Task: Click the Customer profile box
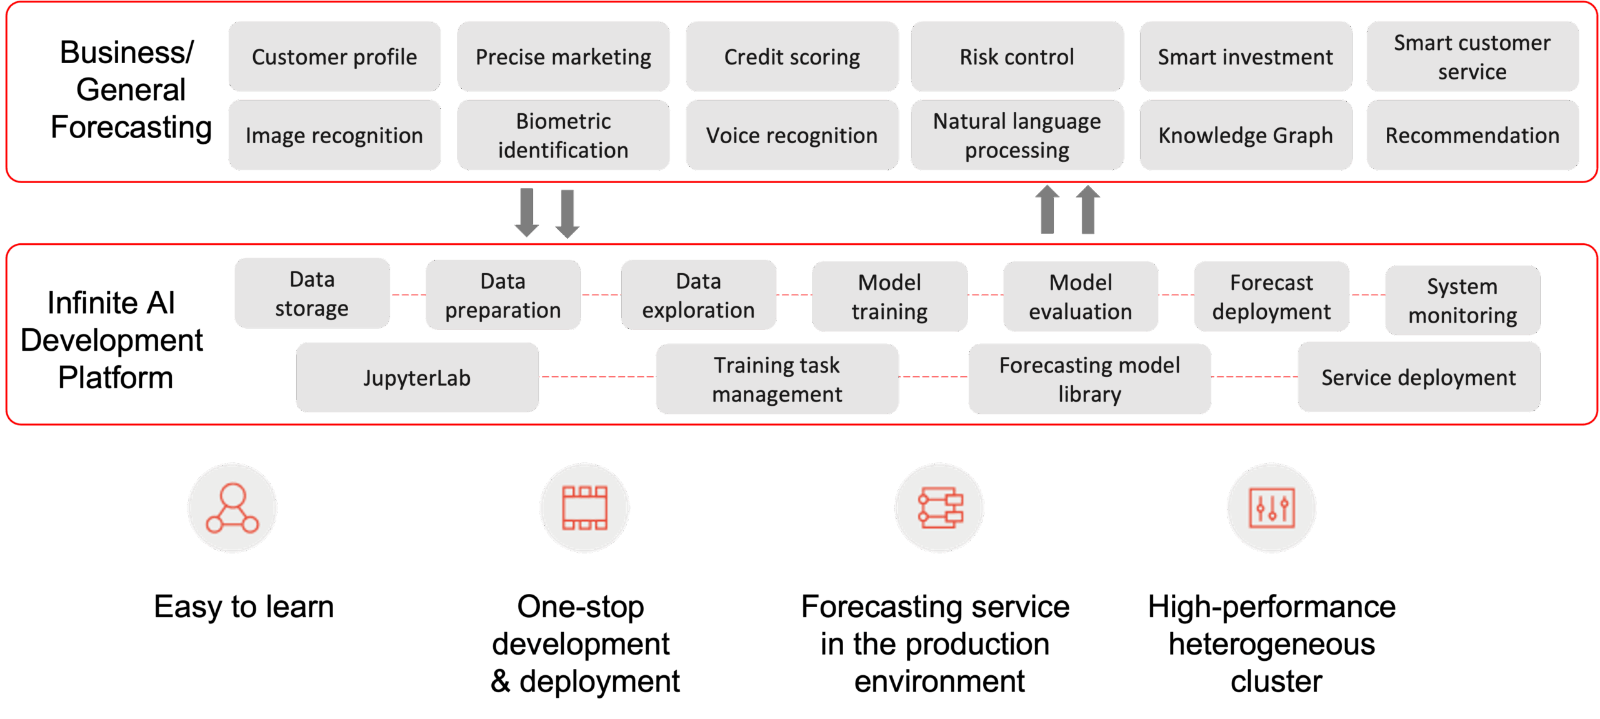coord(334,57)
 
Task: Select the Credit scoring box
coord(791,57)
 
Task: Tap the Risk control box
coord(1016,57)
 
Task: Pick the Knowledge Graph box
coord(1245,135)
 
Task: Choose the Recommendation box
coord(1472,135)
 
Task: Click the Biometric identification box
coord(562,135)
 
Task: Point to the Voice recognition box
coord(791,135)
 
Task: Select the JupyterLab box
coord(417,378)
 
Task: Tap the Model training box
coord(889,296)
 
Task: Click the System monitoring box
coord(1462,301)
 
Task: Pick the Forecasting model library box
coord(1089,379)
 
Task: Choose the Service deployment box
coord(1418,377)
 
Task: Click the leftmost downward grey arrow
coord(527,213)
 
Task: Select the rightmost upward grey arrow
coord(1088,209)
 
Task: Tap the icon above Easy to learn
coord(232,508)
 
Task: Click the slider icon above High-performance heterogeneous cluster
coord(1271,508)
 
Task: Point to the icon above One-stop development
coord(584,508)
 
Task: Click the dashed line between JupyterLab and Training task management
coord(597,377)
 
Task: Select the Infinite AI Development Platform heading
coord(112,340)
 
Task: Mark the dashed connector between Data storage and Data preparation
coord(407,294)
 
